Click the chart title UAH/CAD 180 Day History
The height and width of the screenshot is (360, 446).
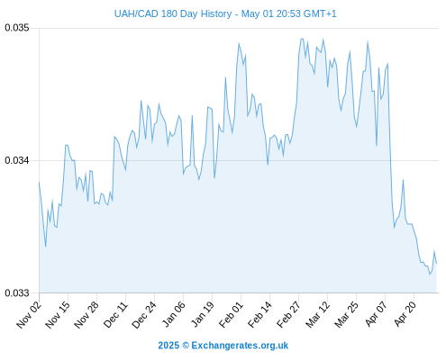click(173, 13)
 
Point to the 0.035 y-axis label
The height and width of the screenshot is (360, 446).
click(17, 28)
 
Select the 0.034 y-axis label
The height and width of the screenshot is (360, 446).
click(17, 160)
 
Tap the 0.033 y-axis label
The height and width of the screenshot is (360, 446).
click(17, 292)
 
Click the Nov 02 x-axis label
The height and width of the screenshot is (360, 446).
click(29, 314)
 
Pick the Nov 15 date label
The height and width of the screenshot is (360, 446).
click(58, 314)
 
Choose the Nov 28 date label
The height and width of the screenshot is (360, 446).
click(86, 314)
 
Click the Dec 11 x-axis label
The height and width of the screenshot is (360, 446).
click(115, 314)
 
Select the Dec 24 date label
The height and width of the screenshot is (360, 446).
click(144, 314)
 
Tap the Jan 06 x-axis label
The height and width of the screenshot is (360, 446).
click(173, 314)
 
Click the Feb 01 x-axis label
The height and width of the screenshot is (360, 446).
click(231, 314)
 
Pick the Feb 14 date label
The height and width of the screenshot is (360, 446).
click(259, 314)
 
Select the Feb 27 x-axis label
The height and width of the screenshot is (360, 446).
click(288, 314)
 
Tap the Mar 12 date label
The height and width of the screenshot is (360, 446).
click(317, 314)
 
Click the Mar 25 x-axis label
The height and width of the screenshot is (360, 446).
click(346, 314)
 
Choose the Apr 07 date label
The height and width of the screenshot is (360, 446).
click(376, 314)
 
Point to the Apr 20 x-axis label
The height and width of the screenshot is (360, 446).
click(405, 314)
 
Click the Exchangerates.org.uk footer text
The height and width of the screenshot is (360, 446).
click(240, 346)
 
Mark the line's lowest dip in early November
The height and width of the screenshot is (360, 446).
click(46, 247)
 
